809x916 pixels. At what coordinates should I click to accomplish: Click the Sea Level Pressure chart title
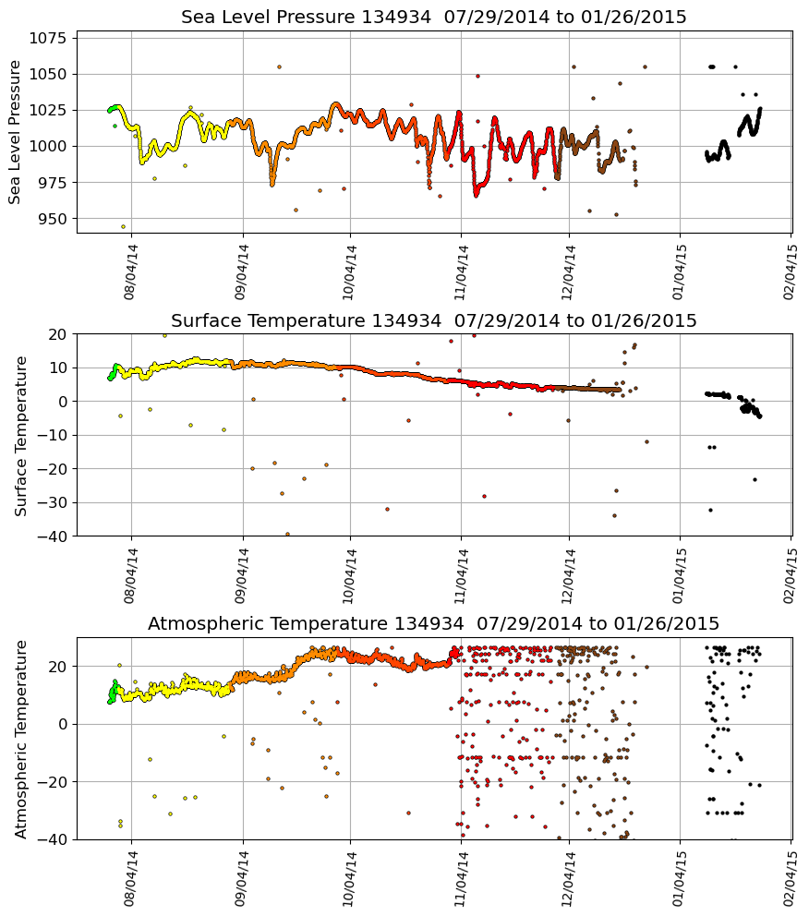tap(433, 17)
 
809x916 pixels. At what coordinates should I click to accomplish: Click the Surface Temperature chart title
tap(433, 320)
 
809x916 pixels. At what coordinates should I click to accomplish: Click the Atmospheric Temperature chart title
tap(433, 623)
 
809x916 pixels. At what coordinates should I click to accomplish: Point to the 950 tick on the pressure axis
tap(51, 219)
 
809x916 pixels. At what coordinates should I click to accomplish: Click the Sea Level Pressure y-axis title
tap(15, 132)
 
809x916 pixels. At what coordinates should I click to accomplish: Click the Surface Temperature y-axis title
tap(21, 435)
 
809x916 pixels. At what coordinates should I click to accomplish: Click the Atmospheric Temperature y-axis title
tap(21, 738)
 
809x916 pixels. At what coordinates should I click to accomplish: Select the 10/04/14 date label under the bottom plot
tap(350, 877)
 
